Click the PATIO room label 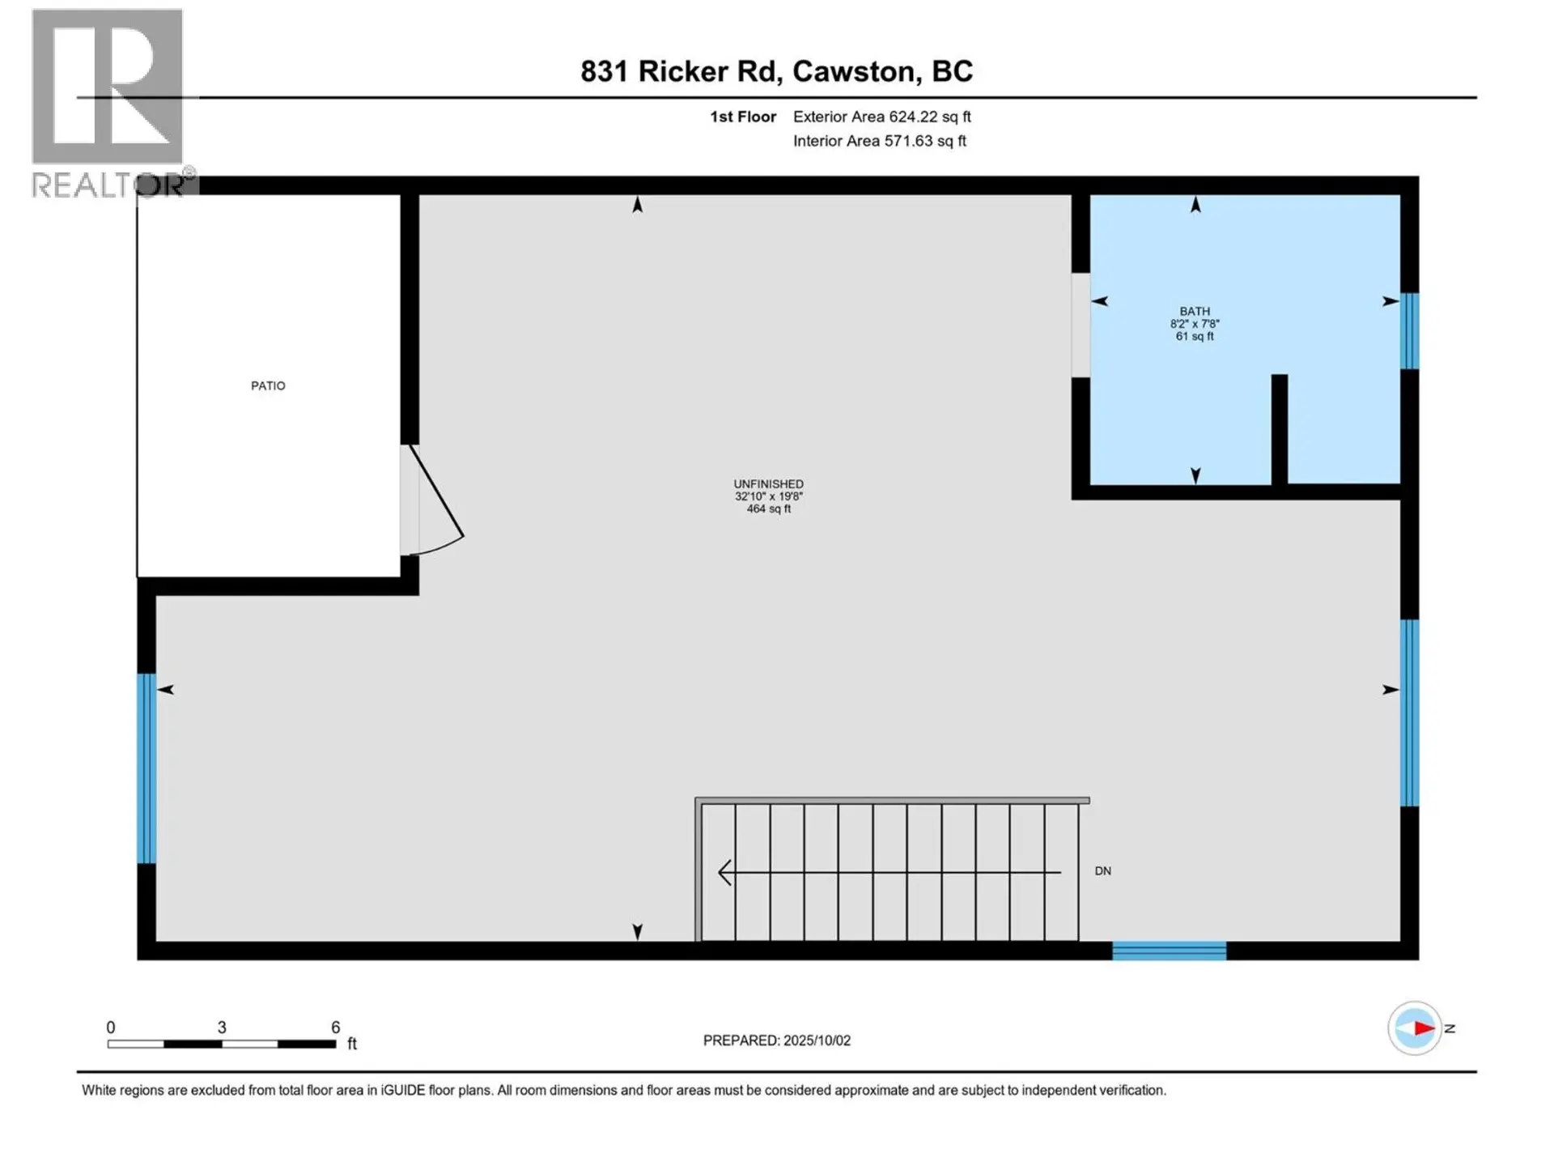pos(268,386)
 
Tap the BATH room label pos(1195,312)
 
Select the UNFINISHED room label pos(768,484)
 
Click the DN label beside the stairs pos(1102,871)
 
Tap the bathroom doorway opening pos(1081,325)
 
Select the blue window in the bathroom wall pos(1409,330)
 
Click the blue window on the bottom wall pos(1169,951)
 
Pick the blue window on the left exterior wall pos(146,768)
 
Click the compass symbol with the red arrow pos(1415,1028)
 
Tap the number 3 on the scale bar pos(222,1028)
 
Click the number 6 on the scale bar pos(335,1028)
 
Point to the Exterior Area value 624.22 pos(913,117)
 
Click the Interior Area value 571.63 pos(908,141)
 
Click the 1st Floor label pos(743,117)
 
